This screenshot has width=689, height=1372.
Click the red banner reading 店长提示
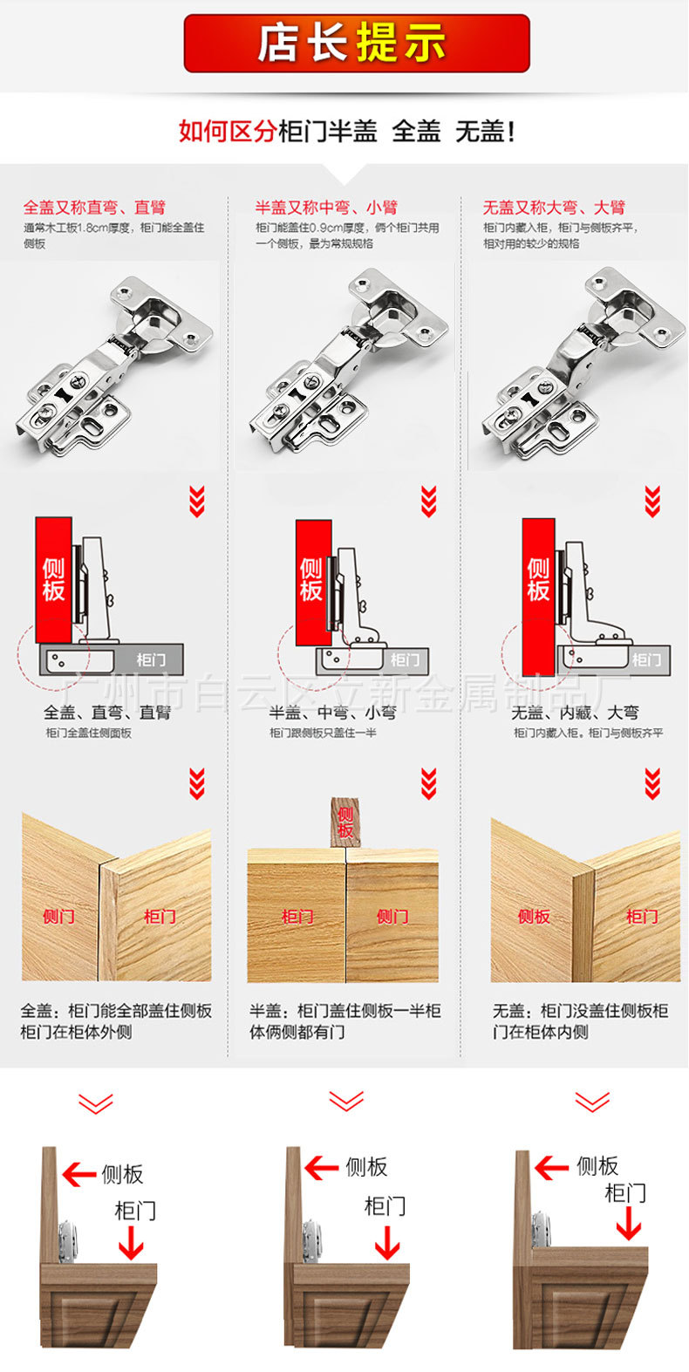click(356, 43)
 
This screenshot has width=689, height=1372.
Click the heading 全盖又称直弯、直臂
click(94, 208)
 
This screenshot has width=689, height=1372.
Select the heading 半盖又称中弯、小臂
click(326, 208)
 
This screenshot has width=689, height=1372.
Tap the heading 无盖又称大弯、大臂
click(554, 208)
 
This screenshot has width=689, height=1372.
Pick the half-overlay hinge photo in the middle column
click(347, 363)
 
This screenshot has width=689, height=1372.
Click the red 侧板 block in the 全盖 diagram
click(53, 579)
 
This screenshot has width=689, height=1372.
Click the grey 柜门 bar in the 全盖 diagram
click(148, 660)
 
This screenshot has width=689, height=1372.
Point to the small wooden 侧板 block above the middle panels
click(345, 822)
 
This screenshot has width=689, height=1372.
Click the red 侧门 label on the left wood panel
click(58, 917)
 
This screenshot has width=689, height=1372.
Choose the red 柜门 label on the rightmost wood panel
click(641, 917)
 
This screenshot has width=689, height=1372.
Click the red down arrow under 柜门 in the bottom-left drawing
click(131, 1243)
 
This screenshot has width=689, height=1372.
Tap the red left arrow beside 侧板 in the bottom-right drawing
click(551, 1167)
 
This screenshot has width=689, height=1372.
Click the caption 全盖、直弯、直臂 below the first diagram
click(107, 713)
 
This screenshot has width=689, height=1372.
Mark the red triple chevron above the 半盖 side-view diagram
click(428, 502)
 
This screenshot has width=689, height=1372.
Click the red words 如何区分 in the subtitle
click(227, 132)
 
